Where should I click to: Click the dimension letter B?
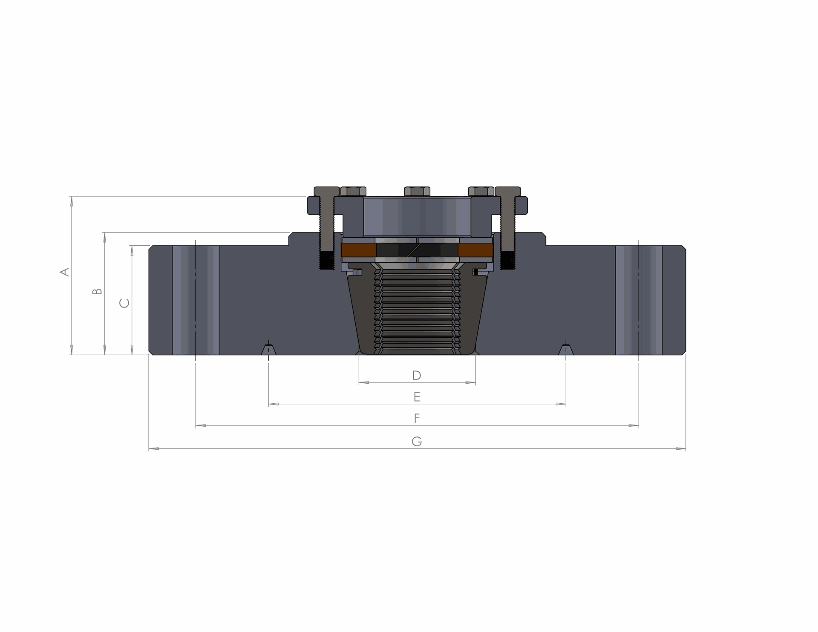coord(98,291)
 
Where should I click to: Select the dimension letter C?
coord(124,303)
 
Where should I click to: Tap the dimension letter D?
coord(417,375)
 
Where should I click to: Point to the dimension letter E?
coord(417,397)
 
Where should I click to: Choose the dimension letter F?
coord(417,418)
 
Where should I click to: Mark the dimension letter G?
coord(417,441)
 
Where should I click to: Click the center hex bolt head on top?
coord(417,191)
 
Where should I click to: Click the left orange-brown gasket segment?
coord(358,250)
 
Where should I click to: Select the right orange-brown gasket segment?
coord(475,250)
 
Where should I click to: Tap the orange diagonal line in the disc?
coord(414,250)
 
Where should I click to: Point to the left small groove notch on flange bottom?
coord(268,350)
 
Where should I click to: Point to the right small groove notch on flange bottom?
coord(566,350)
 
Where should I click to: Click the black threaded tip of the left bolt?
coord(326,261)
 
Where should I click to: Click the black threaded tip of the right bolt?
coord(507,261)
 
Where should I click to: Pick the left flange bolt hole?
coord(196,300)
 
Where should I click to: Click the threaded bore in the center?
coord(417,311)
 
